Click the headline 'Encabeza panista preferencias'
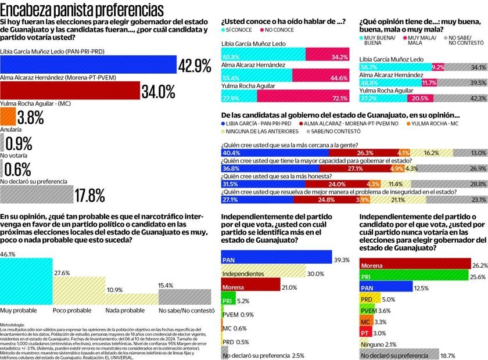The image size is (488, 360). (82, 10)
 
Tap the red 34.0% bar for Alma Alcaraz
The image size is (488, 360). (70, 91)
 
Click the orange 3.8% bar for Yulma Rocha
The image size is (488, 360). (8, 117)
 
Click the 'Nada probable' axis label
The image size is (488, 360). (125, 311)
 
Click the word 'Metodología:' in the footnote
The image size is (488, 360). (12, 324)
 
